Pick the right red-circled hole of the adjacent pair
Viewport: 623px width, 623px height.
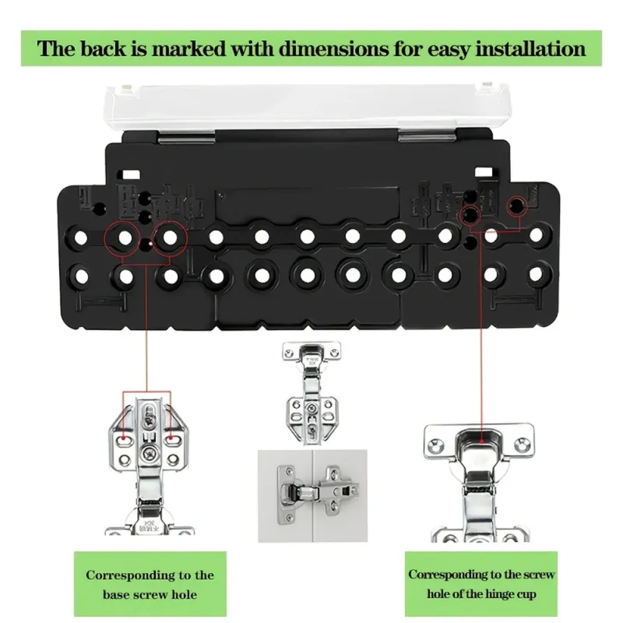pos(170,238)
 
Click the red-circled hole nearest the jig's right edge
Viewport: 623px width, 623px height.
pos(516,206)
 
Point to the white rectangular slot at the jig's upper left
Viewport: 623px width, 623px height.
pos(131,174)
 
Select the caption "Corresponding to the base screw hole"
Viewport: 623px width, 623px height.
pos(150,585)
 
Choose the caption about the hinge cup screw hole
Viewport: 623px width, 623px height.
pos(481,583)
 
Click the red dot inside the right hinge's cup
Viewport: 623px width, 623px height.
pos(481,440)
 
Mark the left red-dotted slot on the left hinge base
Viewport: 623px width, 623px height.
pos(125,438)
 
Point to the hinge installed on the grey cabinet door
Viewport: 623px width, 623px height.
pos(318,490)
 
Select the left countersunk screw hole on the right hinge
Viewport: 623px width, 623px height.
pos(436,445)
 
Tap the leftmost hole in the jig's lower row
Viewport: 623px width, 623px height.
pos(82,276)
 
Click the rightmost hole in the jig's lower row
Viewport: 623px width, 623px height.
pos(536,274)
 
